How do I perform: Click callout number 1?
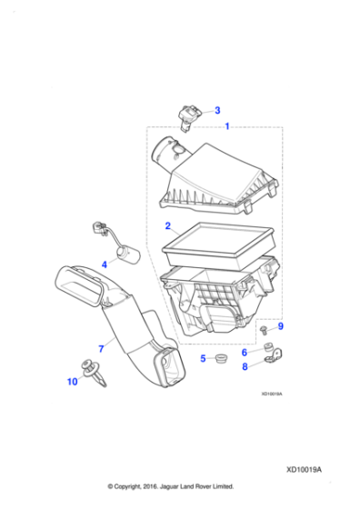click(226, 125)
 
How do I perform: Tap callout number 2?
click(167, 225)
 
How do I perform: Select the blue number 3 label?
click(216, 110)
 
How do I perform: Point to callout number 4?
click(105, 264)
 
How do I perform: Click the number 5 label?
click(204, 359)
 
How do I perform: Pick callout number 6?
click(245, 352)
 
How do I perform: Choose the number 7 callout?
click(101, 346)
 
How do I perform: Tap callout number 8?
click(245, 367)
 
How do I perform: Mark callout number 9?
click(280, 326)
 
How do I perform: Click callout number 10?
click(73, 383)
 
